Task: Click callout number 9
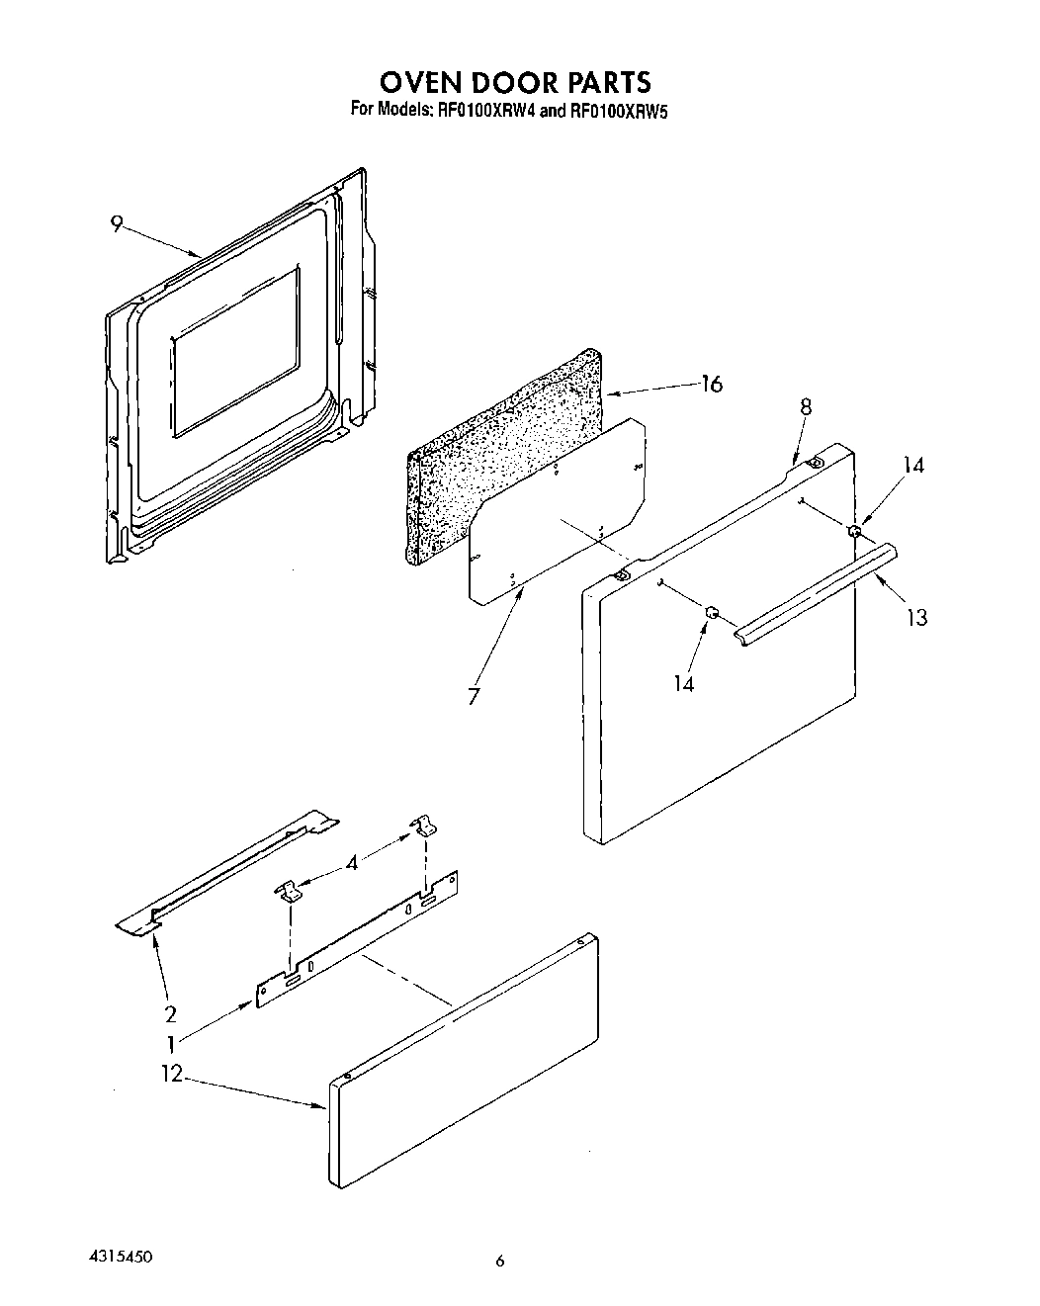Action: pyautogui.click(x=117, y=225)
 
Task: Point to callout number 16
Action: pyautogui.click(x=711, y=385)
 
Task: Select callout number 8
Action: pyautogui.click(x=806, y=406)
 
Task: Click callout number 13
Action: pyautogui.click(x=916, y=618)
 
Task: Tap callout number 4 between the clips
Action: pyautogui.click(x=352, y=862)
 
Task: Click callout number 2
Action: pyautogui.click(x=170, y=1013)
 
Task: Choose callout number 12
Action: pyautogui.click(x=172, y=1074)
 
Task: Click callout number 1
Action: pyautogui.click(x=170, y=1042)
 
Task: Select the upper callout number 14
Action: pyautogui.click(x=914, y=465)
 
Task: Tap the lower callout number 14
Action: pyautogui.click(x=684, y=683)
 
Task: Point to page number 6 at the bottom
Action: pyautogui.click(x=500, y=1260)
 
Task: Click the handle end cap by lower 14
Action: pyautogui.click(x=710, y=615)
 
